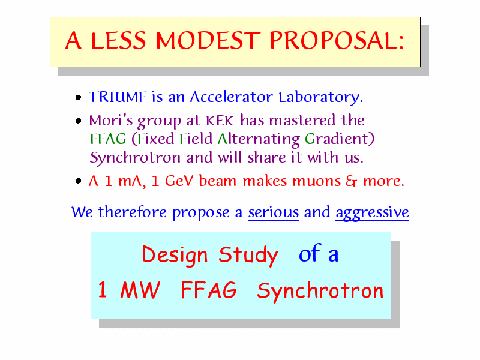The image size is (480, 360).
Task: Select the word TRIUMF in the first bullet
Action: click(117, 97)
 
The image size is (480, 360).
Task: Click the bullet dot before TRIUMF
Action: click(79, 98)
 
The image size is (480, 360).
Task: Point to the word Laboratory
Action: click(320, 98)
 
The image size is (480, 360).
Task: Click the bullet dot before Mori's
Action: click(79, 121)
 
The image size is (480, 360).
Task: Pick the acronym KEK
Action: click(220, 121)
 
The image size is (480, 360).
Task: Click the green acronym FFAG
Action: click(108, 139)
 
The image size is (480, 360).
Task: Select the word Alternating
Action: click(259, 140)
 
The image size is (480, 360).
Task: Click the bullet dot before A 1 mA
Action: click(79, 181)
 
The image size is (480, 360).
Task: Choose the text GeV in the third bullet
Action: click(179, 181)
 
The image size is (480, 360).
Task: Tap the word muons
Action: click(317, 181)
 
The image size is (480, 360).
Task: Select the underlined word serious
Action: click(274, 212)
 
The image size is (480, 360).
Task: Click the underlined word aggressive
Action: click(372, 213)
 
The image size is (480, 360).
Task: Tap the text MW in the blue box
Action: click(140, 290)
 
